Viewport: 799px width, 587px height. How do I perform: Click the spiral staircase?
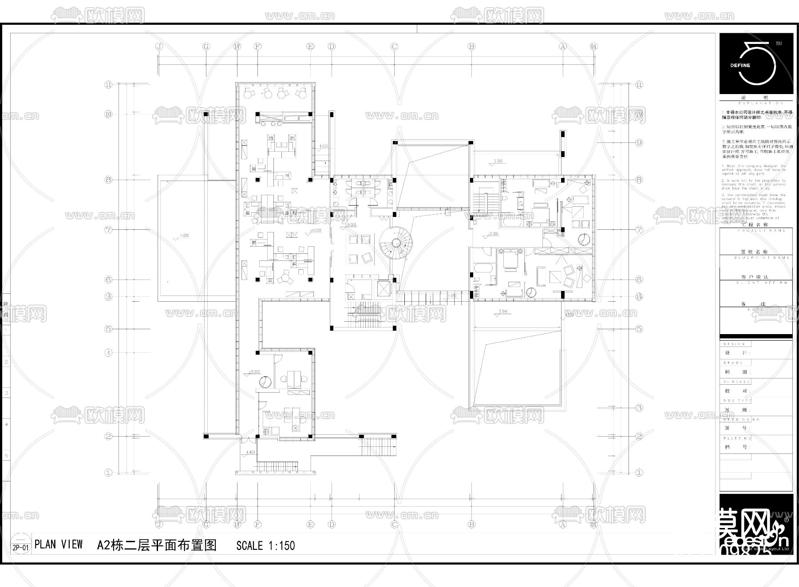396,243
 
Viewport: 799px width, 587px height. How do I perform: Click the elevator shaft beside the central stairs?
382,289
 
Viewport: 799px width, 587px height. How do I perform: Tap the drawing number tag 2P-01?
20,548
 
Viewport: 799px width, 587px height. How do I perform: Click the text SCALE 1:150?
265,545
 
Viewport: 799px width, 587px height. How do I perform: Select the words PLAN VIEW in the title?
59,544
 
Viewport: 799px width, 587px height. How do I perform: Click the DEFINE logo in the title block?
756,64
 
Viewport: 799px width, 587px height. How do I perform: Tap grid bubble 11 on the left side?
109,85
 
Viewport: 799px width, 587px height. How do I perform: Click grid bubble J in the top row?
159,46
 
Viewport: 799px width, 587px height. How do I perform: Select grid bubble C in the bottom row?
394,524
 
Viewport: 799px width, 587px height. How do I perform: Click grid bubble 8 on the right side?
639,180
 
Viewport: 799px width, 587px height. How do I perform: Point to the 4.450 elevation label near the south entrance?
250,452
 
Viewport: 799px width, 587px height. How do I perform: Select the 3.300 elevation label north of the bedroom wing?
498,161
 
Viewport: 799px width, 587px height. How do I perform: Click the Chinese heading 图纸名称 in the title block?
756,252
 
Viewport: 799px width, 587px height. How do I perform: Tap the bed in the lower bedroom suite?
510,260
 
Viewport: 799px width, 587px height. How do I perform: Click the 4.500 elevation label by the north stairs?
324,146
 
